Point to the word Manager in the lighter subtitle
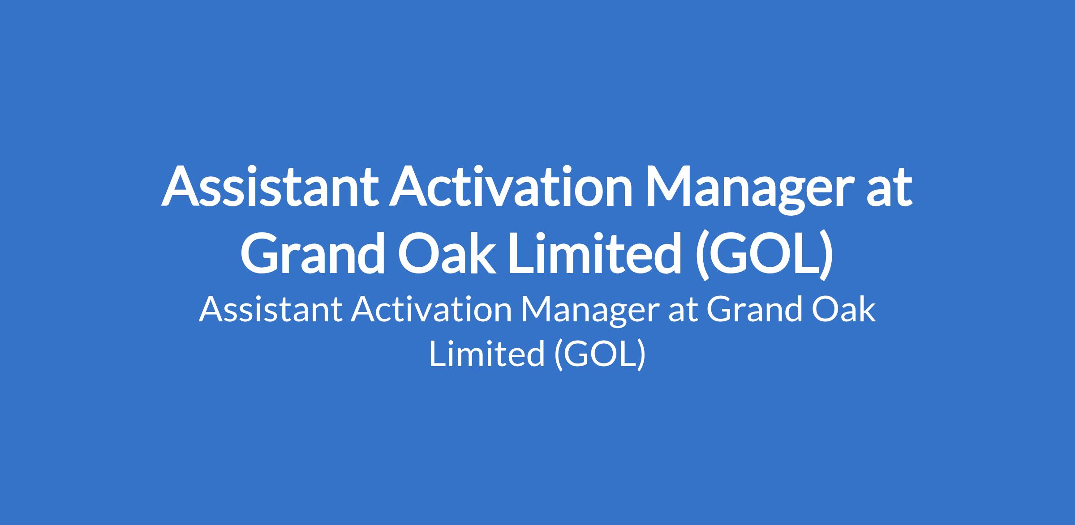tap(589, 313)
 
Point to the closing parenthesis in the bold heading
tap(825, 255)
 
